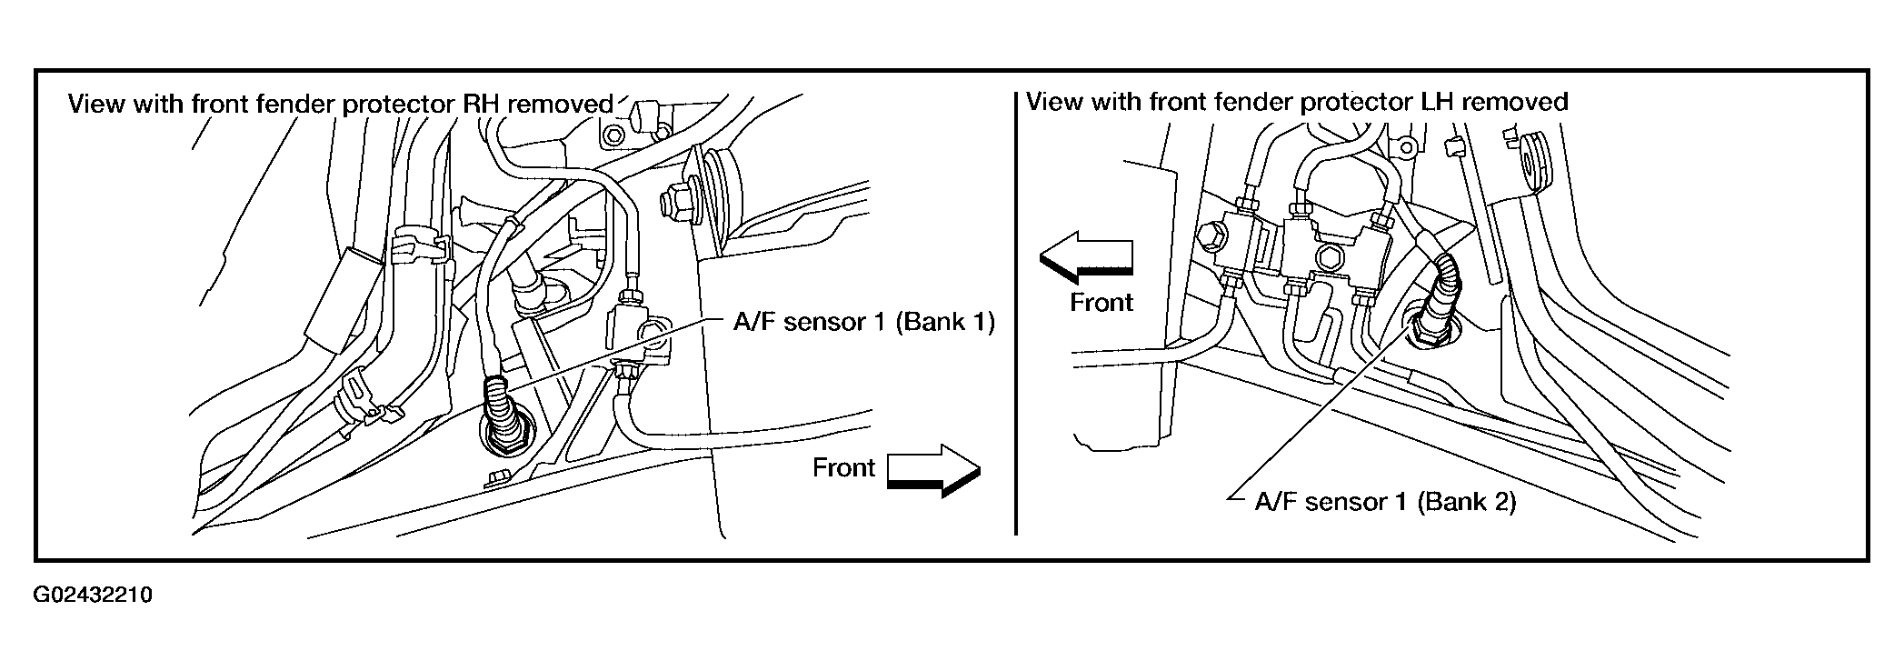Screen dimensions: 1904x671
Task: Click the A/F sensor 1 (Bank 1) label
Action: (863, 322)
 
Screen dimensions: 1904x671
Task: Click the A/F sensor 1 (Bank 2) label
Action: (1385, 502)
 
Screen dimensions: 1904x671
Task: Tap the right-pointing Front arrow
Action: (933, 470)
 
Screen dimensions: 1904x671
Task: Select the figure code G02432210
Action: (93, 596)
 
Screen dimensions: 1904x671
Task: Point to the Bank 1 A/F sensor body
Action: (500, 414)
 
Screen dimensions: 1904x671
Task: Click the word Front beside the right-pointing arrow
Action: (843, 467)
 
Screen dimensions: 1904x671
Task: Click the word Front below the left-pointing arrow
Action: (1102, 302)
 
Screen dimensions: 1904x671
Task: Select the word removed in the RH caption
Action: (561, 104)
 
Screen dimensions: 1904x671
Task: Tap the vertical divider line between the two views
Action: (1014, 313)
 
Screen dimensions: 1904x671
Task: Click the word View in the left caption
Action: (97, 104)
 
